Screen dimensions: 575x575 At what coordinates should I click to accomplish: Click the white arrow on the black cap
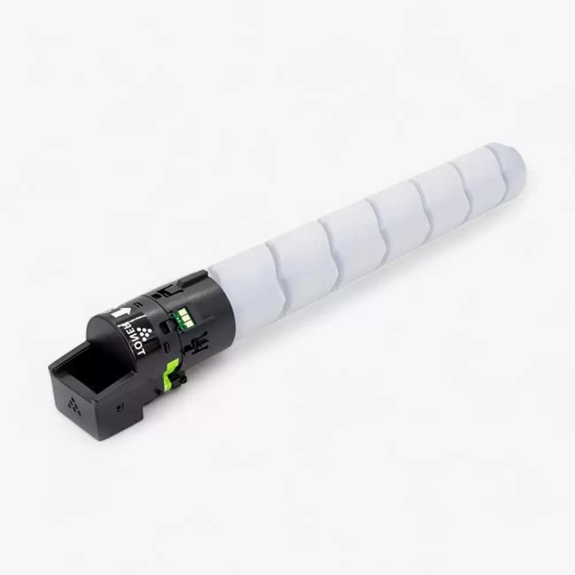(x=118, y=313)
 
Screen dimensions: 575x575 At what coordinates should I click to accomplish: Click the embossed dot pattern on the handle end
(x=73, y=405)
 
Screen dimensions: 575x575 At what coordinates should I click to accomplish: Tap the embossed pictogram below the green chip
(x=198, y=345)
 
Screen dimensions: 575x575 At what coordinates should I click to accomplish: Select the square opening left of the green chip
(x=165, y=326)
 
